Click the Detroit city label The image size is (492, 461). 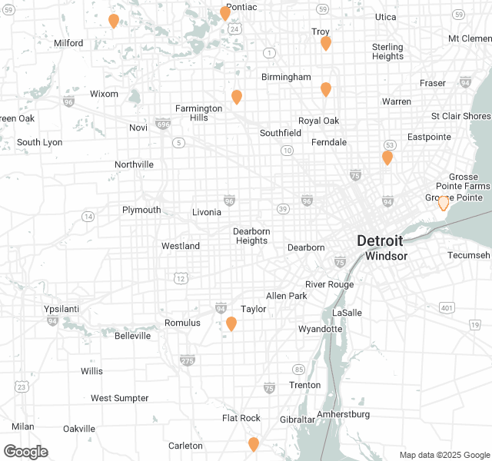pyautogui.click(x=379, y=240)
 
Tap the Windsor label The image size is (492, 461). pyautogui.click(x=386, y=256)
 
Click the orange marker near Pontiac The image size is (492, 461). pyautogui.click(x=225, y=13)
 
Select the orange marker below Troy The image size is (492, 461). pyautogui.click(x=325, y=43)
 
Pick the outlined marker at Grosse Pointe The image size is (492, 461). pyautogui.click(x=443, y=203)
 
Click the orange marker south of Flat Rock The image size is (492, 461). pyautogui.click(x=253, y=444)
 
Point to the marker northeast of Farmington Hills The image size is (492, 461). pyautogui.click(x=237, y=97)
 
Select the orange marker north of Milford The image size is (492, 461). pyautogui.click(x=114, y=21)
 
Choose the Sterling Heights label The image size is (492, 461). pyautogui.click(x=387, y=51)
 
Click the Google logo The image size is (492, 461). pyautogui.click(x=25, y=451)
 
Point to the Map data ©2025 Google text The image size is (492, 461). pyautogui.click(x=444, y=455)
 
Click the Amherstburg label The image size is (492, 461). pyautogui.click(x=343, y=414)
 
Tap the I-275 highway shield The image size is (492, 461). pyautogui.click(x=188, y=360)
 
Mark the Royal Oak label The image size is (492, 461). pyautogui.click(x=318, y=121)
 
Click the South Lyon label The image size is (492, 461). pyautogui.click(x=40, y=142)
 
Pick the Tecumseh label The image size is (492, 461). pyautogui.click(x=469, y=255)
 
